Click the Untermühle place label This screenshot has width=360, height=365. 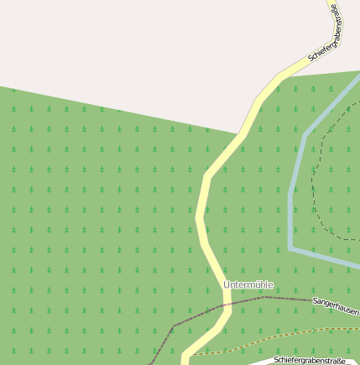coord(248,285)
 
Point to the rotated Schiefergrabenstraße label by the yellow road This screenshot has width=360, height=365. coord(326,34)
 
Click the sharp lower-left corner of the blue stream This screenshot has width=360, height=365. coord(290,248)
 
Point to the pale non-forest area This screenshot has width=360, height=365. coord(126,50)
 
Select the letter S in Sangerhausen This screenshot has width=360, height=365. coord(315,300)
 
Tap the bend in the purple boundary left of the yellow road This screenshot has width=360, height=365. coord(174,325)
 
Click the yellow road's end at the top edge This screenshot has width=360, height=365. coord(329,3)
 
